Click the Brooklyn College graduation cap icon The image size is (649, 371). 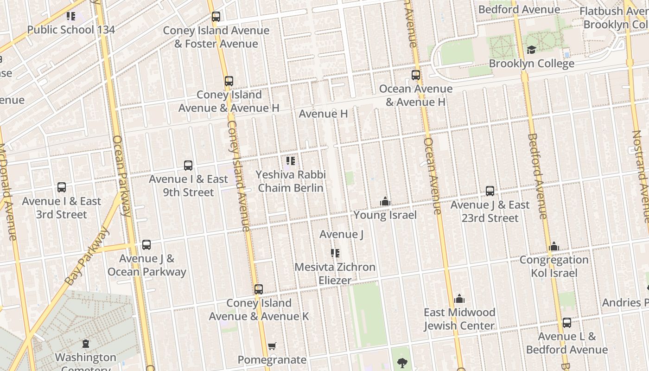531,50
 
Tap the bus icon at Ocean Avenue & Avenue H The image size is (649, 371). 416,75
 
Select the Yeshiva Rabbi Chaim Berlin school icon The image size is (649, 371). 291,161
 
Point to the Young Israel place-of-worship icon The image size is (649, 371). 385,201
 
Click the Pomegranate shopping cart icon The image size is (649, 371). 272,346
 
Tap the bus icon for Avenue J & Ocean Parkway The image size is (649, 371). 146,245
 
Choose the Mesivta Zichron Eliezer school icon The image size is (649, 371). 335,253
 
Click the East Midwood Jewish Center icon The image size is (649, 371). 459,299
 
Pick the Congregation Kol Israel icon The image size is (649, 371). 554,246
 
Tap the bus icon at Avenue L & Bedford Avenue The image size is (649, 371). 567,323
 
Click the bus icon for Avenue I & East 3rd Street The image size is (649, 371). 62,187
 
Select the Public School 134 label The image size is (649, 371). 71,30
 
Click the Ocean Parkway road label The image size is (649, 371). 121,176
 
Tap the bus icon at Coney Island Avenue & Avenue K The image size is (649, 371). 259,289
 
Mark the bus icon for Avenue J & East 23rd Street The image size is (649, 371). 490,191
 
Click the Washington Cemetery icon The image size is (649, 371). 86,344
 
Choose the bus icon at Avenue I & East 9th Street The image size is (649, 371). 188,166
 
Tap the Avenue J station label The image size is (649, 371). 341,234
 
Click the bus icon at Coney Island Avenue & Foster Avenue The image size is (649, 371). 216,17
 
